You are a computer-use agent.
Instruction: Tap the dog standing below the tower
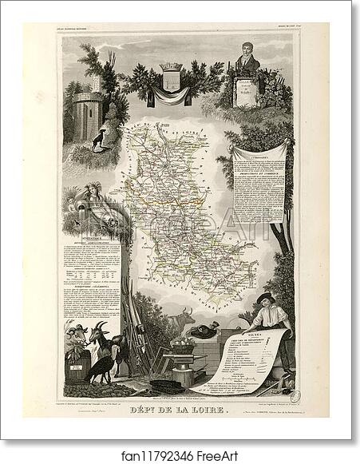pos(97,141)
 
